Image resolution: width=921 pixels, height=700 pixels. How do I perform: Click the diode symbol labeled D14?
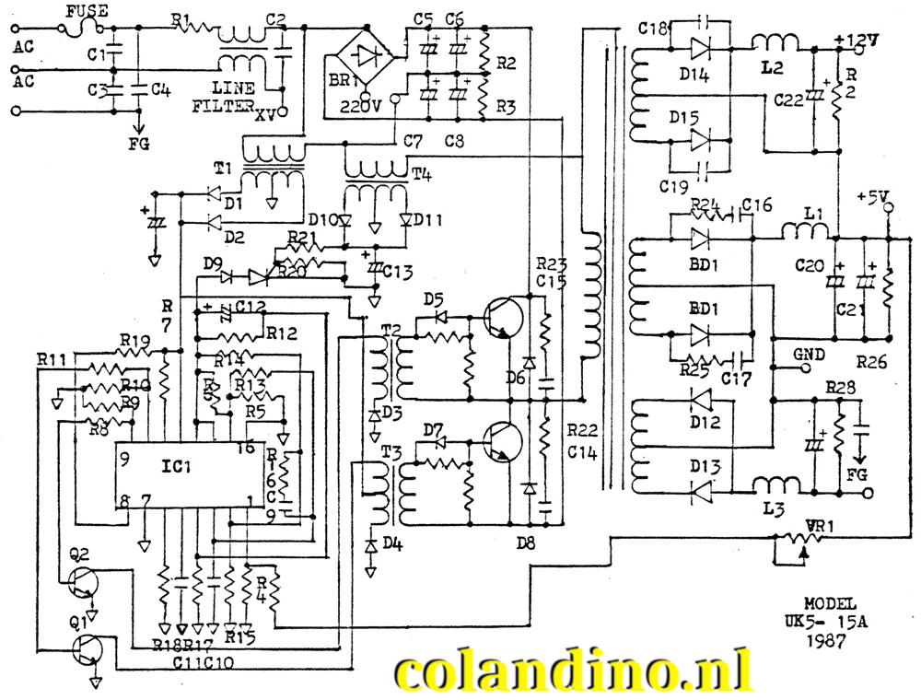pyautogui.click(x=701, y=46)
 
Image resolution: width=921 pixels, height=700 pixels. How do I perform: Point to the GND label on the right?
pyautogui.click(x=809, y=354)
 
